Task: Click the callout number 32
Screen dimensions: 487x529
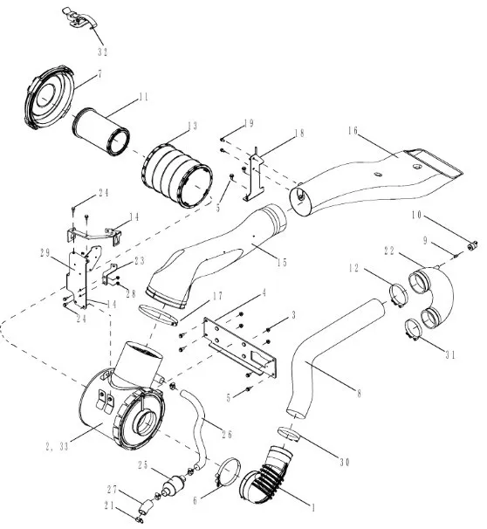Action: click(102, 52)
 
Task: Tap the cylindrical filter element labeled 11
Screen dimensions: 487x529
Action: click(101, 132)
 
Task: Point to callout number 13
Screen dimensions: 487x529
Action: click(192, 127)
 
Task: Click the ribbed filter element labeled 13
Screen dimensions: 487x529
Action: click(177, 175)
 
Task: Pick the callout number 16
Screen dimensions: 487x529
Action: click(353, 131)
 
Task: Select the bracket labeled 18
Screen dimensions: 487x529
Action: click(254, 174)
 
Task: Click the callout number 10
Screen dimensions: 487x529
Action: click(416, 215)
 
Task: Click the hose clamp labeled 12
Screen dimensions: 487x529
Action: click(398, 295)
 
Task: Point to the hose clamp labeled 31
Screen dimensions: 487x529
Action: click(413, 329)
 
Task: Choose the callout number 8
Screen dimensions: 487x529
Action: click(359, 393)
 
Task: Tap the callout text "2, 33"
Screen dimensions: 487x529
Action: click(57, 446)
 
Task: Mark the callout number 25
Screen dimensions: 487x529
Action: click(143, 465)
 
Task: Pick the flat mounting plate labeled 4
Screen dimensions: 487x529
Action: click(240, 347)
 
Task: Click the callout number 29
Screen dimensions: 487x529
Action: click(45, 252)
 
